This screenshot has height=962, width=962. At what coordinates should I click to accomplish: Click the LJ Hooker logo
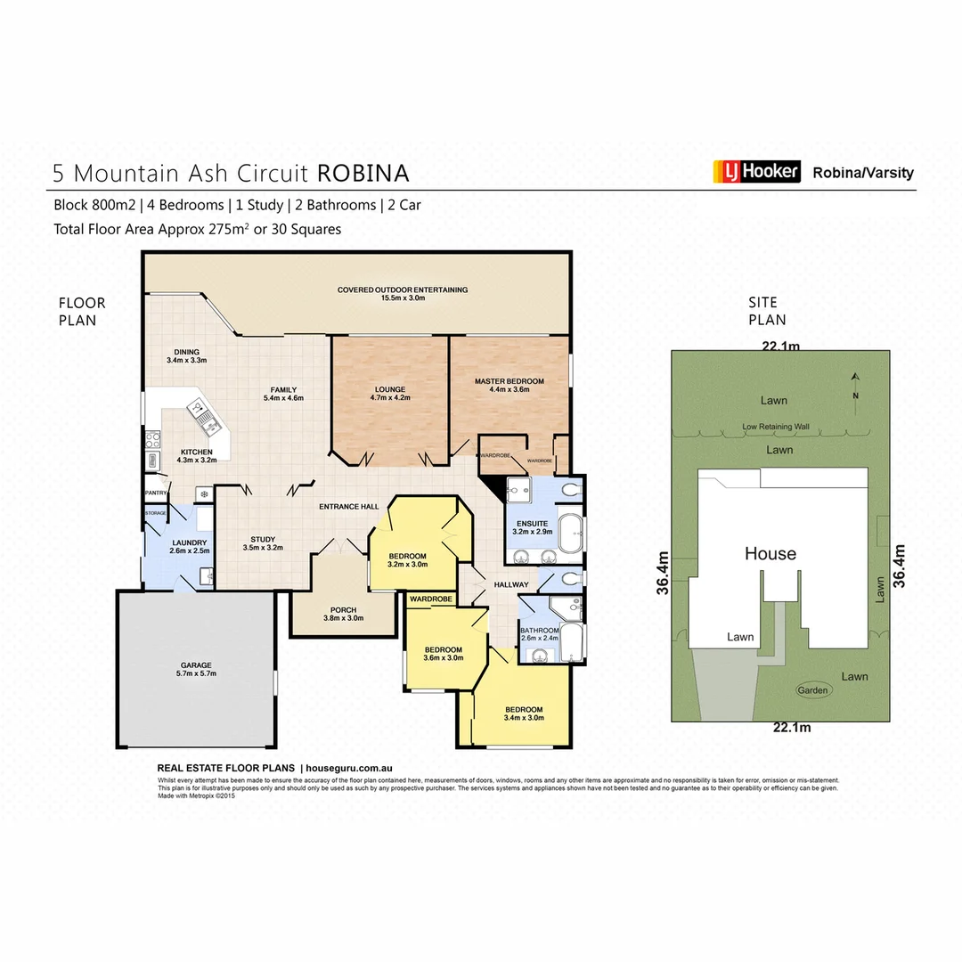(x=756, y=171)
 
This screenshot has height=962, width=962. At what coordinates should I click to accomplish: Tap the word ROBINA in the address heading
(x=363, y=173)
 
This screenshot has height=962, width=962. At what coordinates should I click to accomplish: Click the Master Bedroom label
(x=509, y=386)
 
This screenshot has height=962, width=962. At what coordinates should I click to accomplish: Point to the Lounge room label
(x=390, y=394)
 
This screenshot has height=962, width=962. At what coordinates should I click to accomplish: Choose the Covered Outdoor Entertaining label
(x=402, y=294)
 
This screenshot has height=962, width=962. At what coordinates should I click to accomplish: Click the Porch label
(x=343, y=613)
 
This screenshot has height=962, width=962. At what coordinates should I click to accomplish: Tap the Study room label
(x=262, y=543)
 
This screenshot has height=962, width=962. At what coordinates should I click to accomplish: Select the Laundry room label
(x=189, y=547)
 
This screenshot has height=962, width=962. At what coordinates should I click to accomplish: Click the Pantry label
(x=156, y=492)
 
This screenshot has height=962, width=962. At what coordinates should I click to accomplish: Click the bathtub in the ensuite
(x=569, y=532)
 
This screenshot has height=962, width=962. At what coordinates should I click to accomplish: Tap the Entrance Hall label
(x=349, y=507)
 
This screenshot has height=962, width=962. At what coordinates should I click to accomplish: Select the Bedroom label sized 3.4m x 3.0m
(x=523, y=713)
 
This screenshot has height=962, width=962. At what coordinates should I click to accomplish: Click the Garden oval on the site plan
(x=812, y=690)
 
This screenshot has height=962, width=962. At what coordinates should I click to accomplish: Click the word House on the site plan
(x=770, y=554)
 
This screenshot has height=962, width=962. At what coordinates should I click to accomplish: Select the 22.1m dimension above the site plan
(x=779, y=346)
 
